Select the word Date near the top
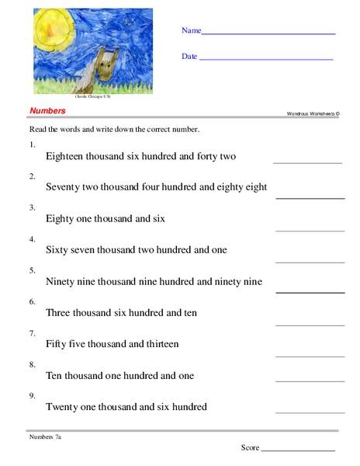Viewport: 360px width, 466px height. click(189, 56)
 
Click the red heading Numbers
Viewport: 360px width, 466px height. click(47, 111)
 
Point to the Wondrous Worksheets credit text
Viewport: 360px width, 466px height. click(313, 113)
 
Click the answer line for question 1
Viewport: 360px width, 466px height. click(307, 162)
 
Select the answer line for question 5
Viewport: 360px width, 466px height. click(310, 291)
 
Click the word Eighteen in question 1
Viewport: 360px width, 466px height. click(67, 156)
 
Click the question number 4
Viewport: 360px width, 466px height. click(32, 239)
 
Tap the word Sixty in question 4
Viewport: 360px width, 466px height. click(58, 249)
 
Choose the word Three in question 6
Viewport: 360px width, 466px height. click(60, 312)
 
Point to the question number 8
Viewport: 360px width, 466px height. click(32, 363)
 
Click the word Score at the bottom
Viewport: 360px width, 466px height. click(250, 447)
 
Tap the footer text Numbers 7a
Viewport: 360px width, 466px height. click(45, 437)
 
